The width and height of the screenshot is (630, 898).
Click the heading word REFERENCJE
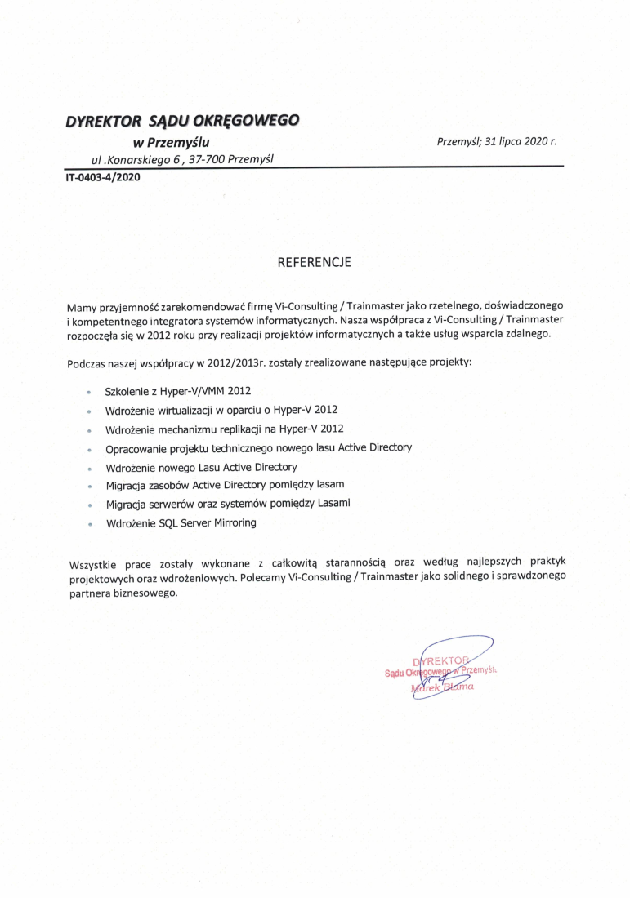point(315,263)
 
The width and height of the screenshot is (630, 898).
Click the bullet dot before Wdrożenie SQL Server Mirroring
point(88,524)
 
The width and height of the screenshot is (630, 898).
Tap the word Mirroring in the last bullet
point(234,522)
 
